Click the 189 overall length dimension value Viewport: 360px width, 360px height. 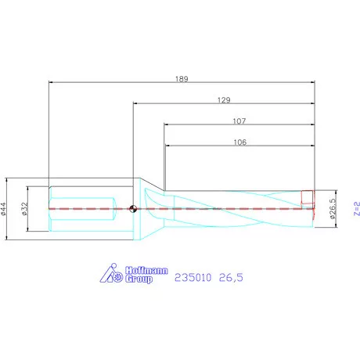[182, 79]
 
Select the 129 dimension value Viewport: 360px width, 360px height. [224, 100]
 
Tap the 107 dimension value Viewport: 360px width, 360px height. [239, 121]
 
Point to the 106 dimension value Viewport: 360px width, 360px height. [240, 142]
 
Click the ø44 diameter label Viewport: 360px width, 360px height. [3, 209]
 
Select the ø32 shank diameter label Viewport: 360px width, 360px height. [24, 209]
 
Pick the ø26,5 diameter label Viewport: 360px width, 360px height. [333, 209]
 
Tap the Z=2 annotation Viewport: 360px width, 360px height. [357, 208]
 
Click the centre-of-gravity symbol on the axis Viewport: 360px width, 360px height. [133, 209]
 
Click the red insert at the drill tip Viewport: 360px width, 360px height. [308, 197]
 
